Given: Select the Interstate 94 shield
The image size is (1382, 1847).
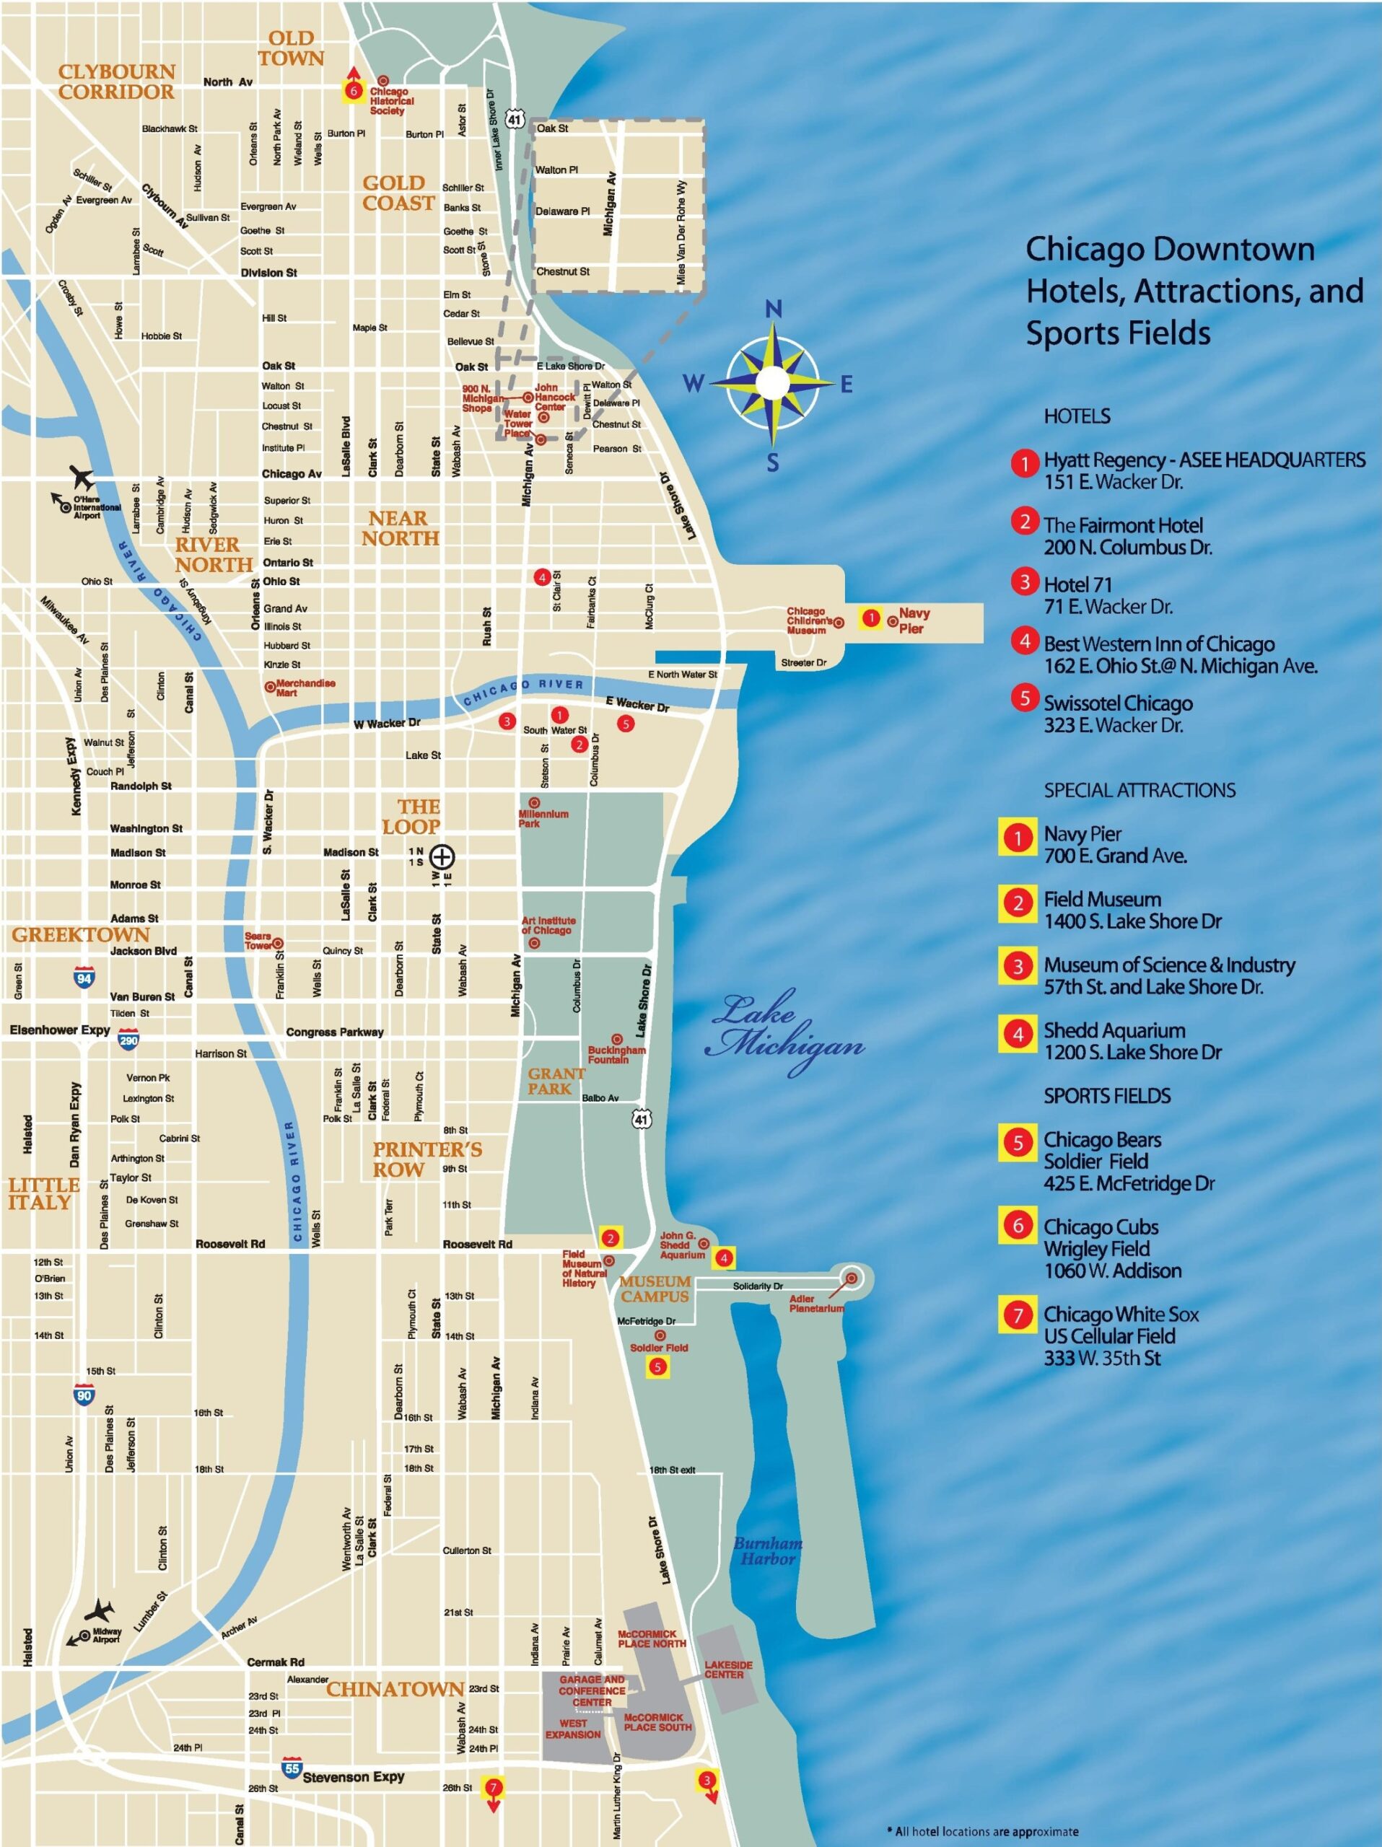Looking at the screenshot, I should coord(84,978).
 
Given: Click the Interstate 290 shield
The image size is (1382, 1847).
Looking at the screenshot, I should coord(128,1040).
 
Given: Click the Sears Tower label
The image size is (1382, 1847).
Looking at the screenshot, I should coord(258,941).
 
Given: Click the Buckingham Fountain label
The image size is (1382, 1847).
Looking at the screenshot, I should coord(616,1055).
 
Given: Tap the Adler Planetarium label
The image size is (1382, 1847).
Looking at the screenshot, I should coord(815,1304).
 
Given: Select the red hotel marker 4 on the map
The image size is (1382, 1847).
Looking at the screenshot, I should coord(542,577).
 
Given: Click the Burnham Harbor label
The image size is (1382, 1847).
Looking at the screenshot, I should coord(767,1550).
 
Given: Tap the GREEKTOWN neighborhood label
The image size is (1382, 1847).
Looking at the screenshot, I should coord(80,934).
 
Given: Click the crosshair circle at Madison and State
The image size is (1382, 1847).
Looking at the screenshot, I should coord(442,856).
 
